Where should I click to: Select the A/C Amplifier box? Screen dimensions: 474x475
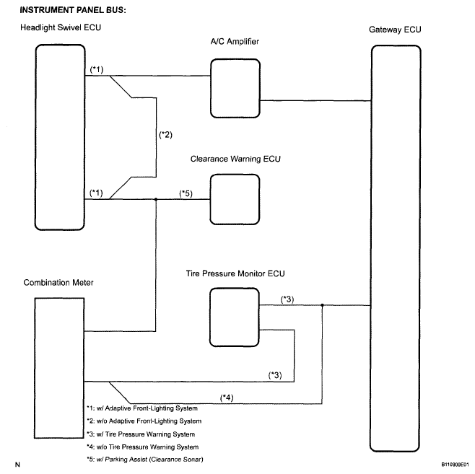click(234, 82)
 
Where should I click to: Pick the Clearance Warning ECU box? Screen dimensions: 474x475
click(234, 199)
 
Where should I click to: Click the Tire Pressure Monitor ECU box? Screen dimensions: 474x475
click(234, 316)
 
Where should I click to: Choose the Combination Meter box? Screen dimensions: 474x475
click(60, 374)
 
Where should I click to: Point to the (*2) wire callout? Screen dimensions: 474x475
click(166, 135)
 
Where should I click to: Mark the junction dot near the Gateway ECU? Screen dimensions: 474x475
click(322, 304)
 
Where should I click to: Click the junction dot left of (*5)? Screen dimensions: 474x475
click(157, 199)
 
